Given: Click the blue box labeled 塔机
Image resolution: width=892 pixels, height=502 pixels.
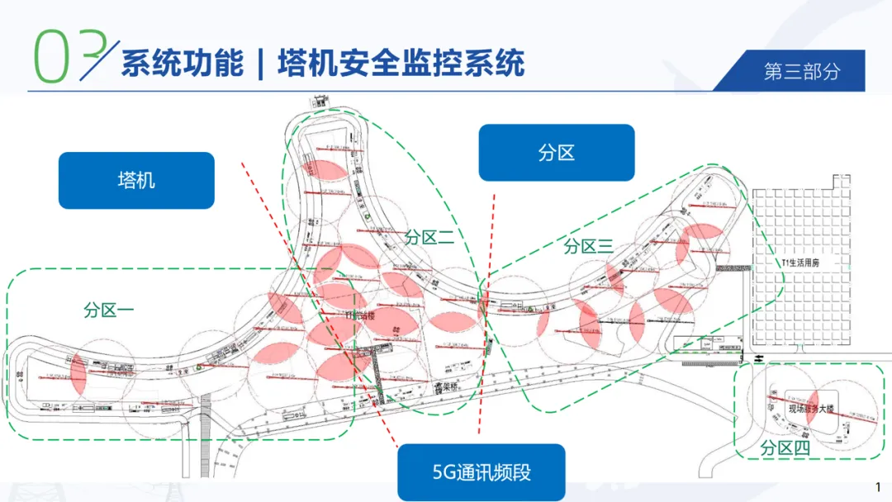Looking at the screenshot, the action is coord(136,180).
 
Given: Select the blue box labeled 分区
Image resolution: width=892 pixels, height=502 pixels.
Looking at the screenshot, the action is coord(556,153).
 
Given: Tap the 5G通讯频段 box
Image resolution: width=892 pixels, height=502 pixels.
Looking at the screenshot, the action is coord(482,472).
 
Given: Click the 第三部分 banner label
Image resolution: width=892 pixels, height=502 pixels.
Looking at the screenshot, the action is coord(802,71).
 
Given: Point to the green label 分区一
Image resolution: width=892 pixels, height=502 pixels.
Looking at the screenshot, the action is coord(108,310).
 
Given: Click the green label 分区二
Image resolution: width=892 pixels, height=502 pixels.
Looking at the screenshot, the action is coord(429,238).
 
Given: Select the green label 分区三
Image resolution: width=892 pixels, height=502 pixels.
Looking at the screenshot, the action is coord(588,246).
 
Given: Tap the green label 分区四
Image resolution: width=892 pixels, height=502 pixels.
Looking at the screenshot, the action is coord(785,448).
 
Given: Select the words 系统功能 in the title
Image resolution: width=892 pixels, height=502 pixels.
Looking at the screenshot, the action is coord(183,64).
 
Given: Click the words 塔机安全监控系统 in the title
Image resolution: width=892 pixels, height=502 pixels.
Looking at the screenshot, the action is coord(401,64).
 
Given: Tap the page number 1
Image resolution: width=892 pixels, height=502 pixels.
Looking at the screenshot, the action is coord(877,485).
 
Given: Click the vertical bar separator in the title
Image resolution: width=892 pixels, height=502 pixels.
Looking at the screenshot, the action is coord(260,64).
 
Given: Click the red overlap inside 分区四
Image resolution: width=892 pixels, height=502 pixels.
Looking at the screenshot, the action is coord(811,405).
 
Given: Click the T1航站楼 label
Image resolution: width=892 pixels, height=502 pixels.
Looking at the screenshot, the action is coord(361,315).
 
